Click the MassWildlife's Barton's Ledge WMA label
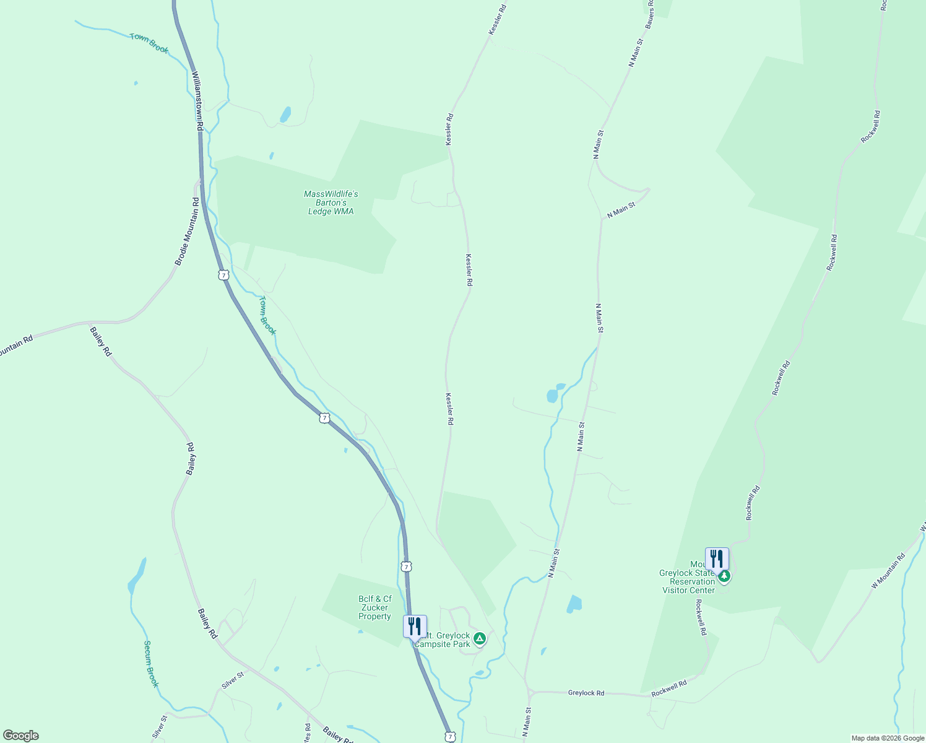331,203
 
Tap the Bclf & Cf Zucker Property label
375,607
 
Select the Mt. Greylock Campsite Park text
443,640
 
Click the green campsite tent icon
478,638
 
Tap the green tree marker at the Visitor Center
724,576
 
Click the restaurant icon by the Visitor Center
716,558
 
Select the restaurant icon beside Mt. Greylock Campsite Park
415,626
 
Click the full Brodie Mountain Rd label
188,232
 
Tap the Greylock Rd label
586,693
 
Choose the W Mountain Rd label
888,571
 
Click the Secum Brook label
151,664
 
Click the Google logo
20,735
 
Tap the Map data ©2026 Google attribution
888,738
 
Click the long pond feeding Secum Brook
137,576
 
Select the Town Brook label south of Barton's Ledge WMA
267,315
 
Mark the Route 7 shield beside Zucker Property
406,567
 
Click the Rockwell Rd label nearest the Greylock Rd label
669,688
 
